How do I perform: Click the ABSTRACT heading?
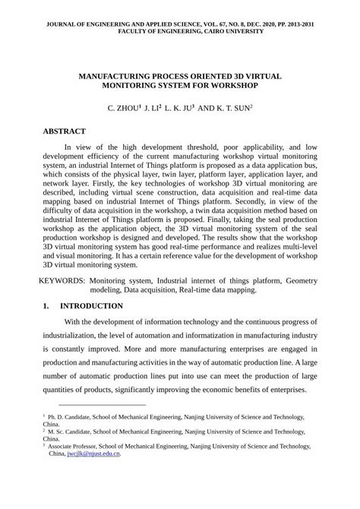65,131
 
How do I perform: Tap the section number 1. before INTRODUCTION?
46,306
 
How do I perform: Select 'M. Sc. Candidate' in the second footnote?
73,432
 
